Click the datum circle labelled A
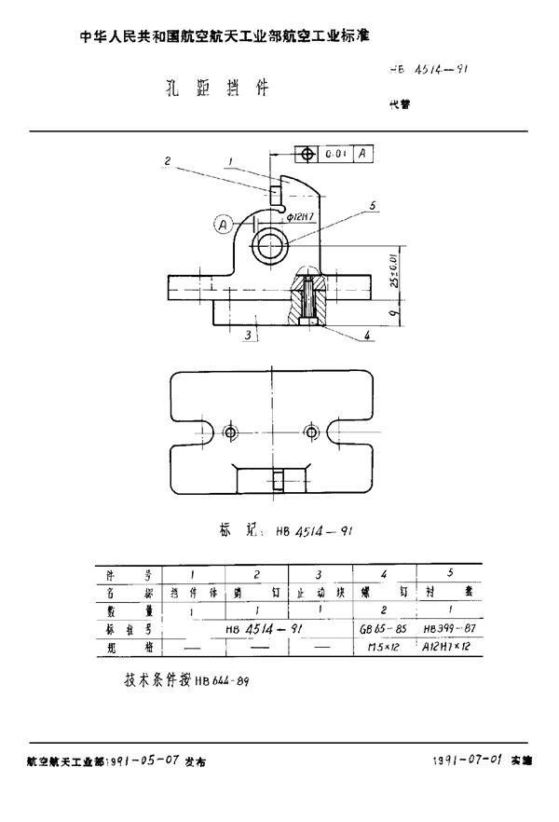[222, 224]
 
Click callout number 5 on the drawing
[372, 206]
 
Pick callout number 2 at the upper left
[167, 160]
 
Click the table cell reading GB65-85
[383, 630]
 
